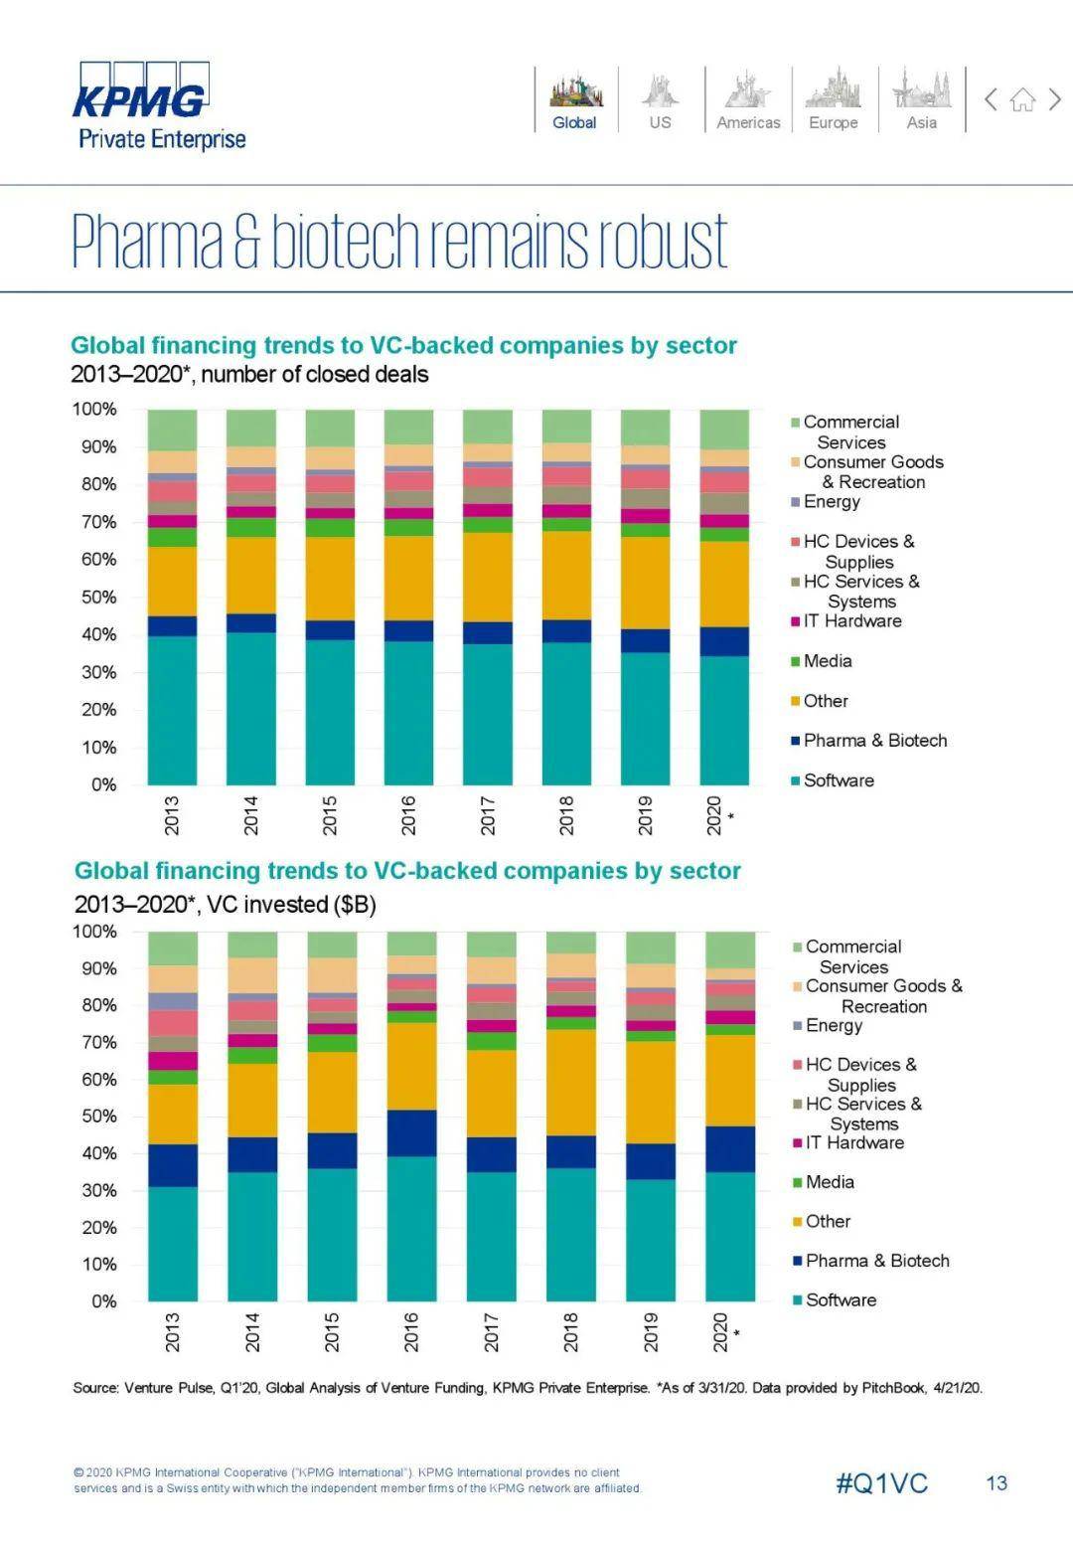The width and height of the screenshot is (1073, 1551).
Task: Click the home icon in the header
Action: (x=1022, y=99)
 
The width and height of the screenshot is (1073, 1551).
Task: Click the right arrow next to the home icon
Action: (x=1055, y=99)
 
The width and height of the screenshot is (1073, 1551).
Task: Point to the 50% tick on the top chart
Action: (x=94, y=598)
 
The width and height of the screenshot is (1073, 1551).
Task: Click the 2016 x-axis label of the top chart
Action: (x=408, y=814)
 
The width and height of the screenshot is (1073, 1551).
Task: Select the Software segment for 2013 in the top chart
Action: (x=172, y=710)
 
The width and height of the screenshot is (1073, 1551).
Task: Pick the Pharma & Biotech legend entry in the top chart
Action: (x=874, y=741)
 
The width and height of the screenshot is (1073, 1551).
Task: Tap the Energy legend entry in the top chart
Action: (x=831, y=502)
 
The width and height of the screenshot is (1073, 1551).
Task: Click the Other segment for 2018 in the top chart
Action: (x=566, y=576)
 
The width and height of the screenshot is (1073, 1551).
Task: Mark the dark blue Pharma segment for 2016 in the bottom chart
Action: (x=411, y=1132)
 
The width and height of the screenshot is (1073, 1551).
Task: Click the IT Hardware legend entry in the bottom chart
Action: (x=853, y=1143)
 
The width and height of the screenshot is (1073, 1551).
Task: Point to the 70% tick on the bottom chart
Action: (x=96, y=1042)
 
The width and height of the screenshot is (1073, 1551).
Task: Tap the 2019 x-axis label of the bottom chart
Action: (x=651, y=1331)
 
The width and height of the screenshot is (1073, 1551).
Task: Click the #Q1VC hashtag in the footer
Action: (x=882, y=1483)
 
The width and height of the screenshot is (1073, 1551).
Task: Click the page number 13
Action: (x=996, y=1483)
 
